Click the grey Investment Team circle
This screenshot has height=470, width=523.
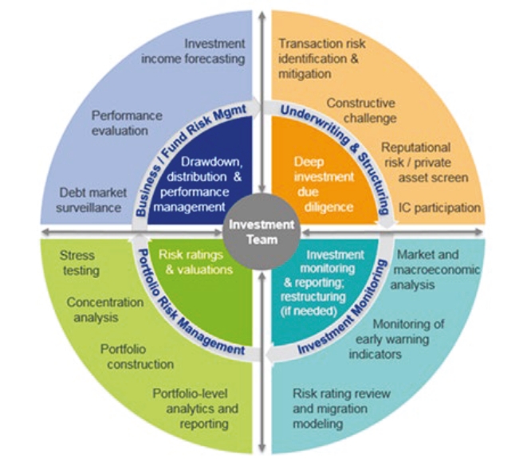(x=261, y=233)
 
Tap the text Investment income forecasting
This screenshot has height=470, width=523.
(x=193, y=51)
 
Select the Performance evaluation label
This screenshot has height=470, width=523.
(x=127, y=123)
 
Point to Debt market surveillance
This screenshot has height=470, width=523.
(x=91, y=200)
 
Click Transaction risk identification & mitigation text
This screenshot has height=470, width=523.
(x=322, y=59)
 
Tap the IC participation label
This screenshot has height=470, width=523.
(x=439, y=208)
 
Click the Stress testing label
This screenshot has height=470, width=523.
(x=80, y=263)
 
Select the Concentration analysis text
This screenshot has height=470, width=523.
(x=105, y=310)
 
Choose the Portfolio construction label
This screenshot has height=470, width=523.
(x=137, y=357)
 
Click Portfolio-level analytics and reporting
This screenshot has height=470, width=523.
(x=195, y=409)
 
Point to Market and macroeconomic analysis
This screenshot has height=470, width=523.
(x=435, y=270)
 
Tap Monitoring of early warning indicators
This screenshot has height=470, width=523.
(x=396, y=339)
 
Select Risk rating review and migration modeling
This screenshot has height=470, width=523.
(x=341, y=409)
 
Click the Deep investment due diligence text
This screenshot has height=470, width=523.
(x=324, y=184)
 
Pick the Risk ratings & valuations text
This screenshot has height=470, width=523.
(x=195, y=262)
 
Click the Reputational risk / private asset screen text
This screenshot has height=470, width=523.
(x=425, y=163)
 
